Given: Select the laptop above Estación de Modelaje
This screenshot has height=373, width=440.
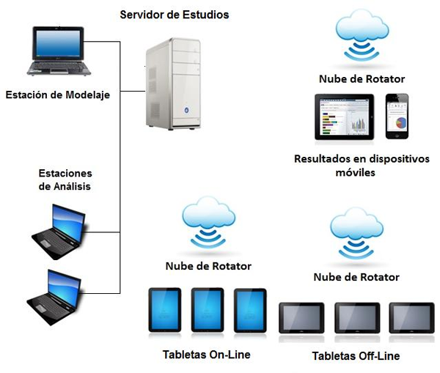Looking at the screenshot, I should coord(59,52).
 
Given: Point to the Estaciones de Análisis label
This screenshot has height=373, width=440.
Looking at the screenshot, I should coord(65,180).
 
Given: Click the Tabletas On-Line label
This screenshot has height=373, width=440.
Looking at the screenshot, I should coord(206,355).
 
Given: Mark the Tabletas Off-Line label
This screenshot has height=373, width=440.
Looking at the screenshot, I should coord(356,356).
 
